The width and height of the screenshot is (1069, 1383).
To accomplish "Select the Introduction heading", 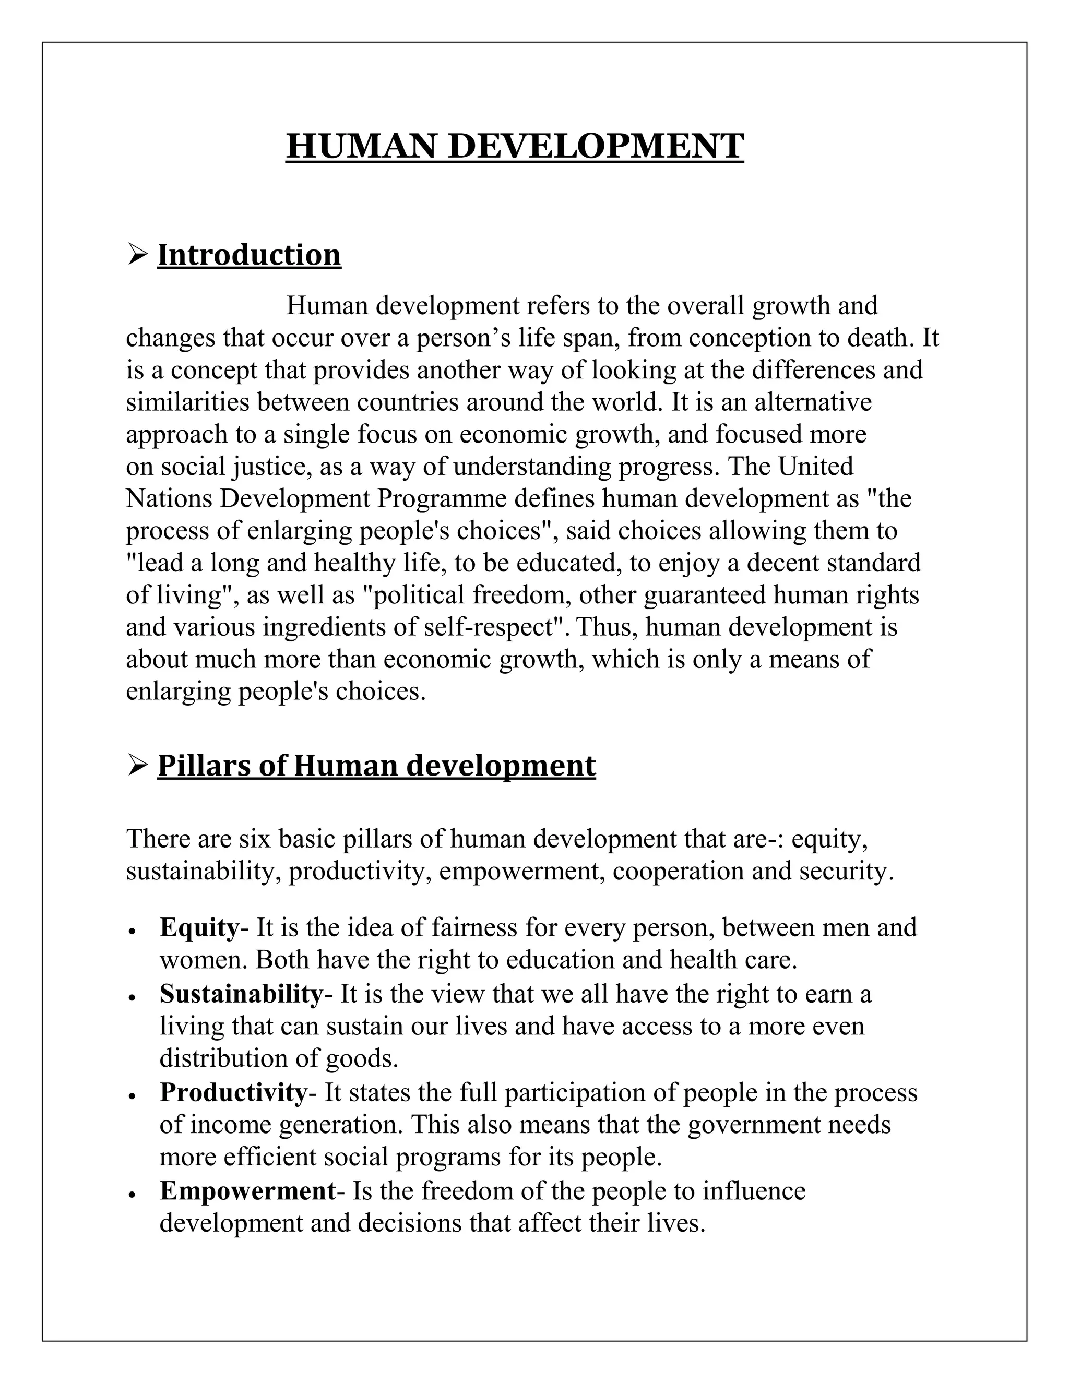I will [x=249, y=255].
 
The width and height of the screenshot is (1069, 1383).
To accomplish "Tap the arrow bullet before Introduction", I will [x=137, y=256].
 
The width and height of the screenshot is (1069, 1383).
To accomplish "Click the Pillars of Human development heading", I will [x=376, y=766].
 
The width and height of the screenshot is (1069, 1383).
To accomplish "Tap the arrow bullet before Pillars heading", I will [x=137, y=766].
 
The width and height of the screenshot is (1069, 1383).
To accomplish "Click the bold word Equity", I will [x=199, y=928].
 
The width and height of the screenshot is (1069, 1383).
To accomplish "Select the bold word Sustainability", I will [x=241, y=994].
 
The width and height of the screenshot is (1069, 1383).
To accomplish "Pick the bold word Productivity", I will [x=232, y=1092].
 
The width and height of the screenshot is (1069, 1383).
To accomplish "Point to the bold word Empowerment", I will [x=247, y=1190].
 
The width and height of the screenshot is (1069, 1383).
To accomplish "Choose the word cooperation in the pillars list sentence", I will [x=678, y=872].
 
